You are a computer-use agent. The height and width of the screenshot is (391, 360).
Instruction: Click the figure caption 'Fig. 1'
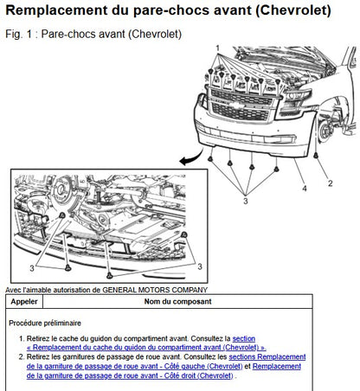point(16,34)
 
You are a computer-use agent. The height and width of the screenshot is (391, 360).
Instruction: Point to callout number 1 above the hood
point(218,48)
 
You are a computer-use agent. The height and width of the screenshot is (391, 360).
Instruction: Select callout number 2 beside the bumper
point(331,183)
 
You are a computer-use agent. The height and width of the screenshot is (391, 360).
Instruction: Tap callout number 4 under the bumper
point(305,189)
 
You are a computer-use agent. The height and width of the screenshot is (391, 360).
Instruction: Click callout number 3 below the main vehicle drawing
point(246,201)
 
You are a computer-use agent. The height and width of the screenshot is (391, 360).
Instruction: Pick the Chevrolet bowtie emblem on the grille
point(239,106)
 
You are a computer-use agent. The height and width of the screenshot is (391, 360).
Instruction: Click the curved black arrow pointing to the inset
point(191,157)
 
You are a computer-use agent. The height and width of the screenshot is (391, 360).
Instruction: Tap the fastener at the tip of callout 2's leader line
point(316,156)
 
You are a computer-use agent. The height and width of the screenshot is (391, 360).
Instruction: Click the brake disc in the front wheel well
point(324,131)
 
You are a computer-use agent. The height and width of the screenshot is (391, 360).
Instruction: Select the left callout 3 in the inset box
point(32,268)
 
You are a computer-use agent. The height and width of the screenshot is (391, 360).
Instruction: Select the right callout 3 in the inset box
point(200,266)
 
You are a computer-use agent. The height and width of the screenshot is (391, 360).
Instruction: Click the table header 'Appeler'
point(24,302)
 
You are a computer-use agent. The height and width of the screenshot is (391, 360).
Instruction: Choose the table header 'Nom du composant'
point(177,302)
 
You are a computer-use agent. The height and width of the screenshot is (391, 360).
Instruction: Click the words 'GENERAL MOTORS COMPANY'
point(155,290)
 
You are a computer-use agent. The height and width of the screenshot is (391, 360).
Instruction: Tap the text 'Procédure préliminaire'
point(45,323)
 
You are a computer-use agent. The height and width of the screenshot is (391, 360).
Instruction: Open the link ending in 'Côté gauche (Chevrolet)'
point(134,366)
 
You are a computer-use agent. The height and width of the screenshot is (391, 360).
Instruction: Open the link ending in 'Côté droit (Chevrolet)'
point(130,375)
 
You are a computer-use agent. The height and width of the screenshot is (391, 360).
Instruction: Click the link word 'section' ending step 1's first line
point(244,338)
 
